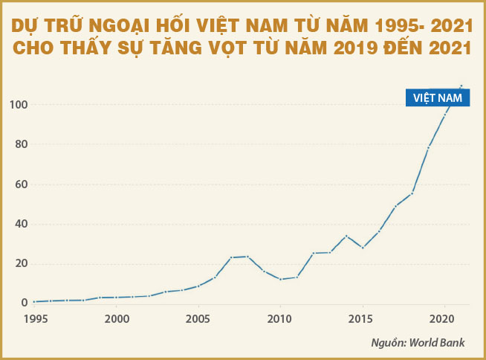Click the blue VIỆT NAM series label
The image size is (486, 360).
click(438, 97)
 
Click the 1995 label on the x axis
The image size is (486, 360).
click(34, 318)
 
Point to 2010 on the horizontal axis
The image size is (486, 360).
click(280, 318)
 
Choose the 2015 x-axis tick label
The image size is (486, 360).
click(362, 318)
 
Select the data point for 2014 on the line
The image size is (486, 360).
click(346, 236)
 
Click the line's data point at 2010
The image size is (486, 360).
click(280, 279)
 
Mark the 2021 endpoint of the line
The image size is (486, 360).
click(461, 86)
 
